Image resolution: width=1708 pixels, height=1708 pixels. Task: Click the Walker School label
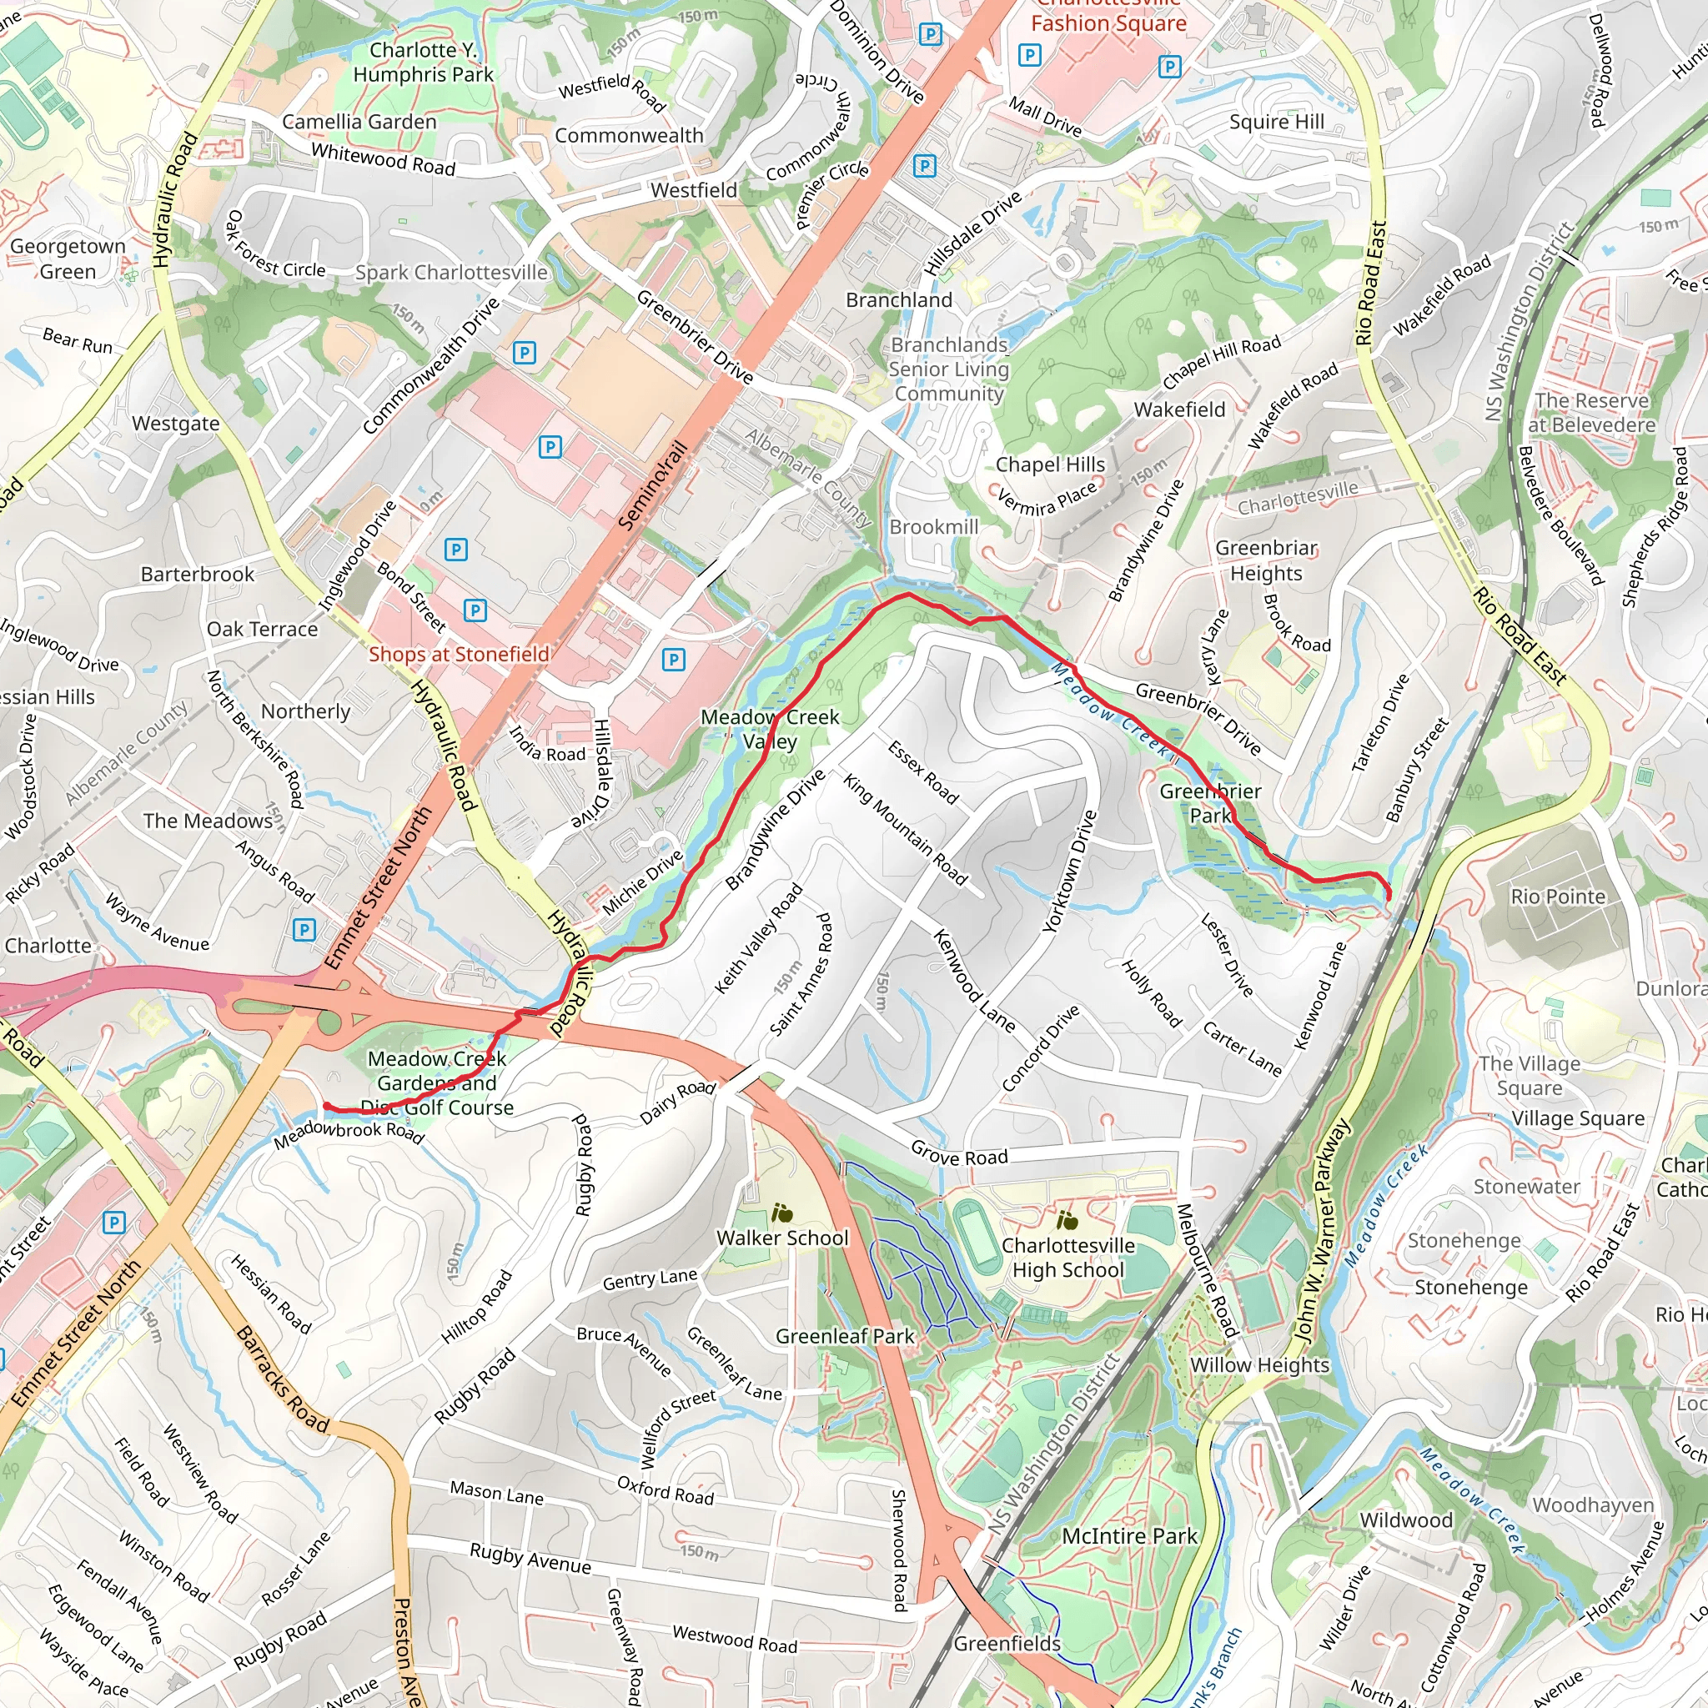pos(782,1238)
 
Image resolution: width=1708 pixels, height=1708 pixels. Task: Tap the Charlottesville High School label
pos(1068,1257)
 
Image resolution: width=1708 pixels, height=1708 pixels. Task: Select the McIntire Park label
pos(1129,1535)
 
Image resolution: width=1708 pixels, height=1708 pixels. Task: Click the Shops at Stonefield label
pos(459,654)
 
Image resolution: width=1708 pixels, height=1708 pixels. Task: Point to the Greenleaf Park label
pos(844,1336)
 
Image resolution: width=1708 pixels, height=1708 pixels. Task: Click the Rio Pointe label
pos(1558,897)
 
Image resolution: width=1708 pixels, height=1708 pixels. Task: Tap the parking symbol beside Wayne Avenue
pos(304,929)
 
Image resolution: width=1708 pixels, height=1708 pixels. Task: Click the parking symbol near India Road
pos(674,659)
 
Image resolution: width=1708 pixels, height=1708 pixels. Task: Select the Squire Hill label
pos(1277,122)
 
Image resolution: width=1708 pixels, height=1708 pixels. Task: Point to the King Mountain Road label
pos(904,828)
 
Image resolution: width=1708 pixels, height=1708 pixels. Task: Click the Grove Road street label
pos(959,1153)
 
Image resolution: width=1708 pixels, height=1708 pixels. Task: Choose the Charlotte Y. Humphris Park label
pos(423,62)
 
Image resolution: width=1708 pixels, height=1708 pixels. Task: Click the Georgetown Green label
pos(68,259)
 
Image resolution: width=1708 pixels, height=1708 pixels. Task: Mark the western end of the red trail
pos(325,1105)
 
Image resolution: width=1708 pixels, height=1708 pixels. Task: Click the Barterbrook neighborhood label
pos(197,575)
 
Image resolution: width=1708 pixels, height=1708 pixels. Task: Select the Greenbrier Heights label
pos(1266,560)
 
